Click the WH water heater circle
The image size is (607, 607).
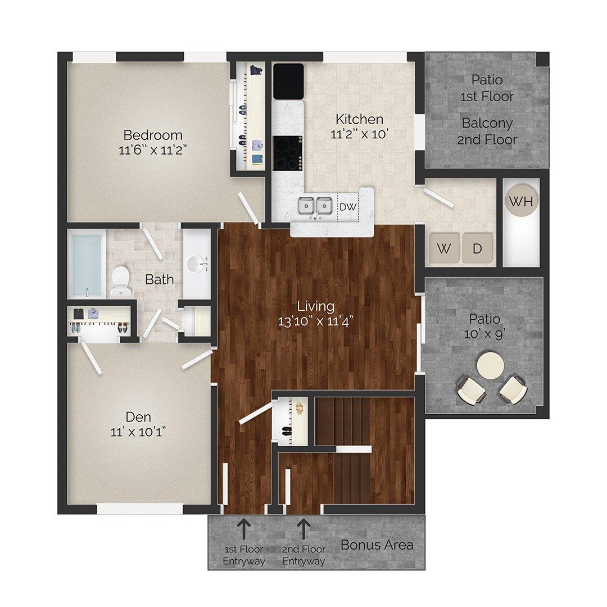coord(521,201)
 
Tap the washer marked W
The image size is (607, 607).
coord(443,248)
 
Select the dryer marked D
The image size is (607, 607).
coord(477,248)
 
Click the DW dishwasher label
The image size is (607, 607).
coord(348,207)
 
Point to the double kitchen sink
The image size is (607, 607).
coord(315,206)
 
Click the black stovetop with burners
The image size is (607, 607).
coord(287,153)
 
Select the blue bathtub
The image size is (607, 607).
coord(87,264)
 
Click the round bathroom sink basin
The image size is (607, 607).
coord(196,262)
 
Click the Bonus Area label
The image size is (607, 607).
coord(377,545)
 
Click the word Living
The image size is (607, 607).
coord(316,306)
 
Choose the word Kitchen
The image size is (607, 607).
coord(360,119)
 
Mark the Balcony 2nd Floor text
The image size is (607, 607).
coord(487,131)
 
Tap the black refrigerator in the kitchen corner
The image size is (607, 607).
coord(288,81)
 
